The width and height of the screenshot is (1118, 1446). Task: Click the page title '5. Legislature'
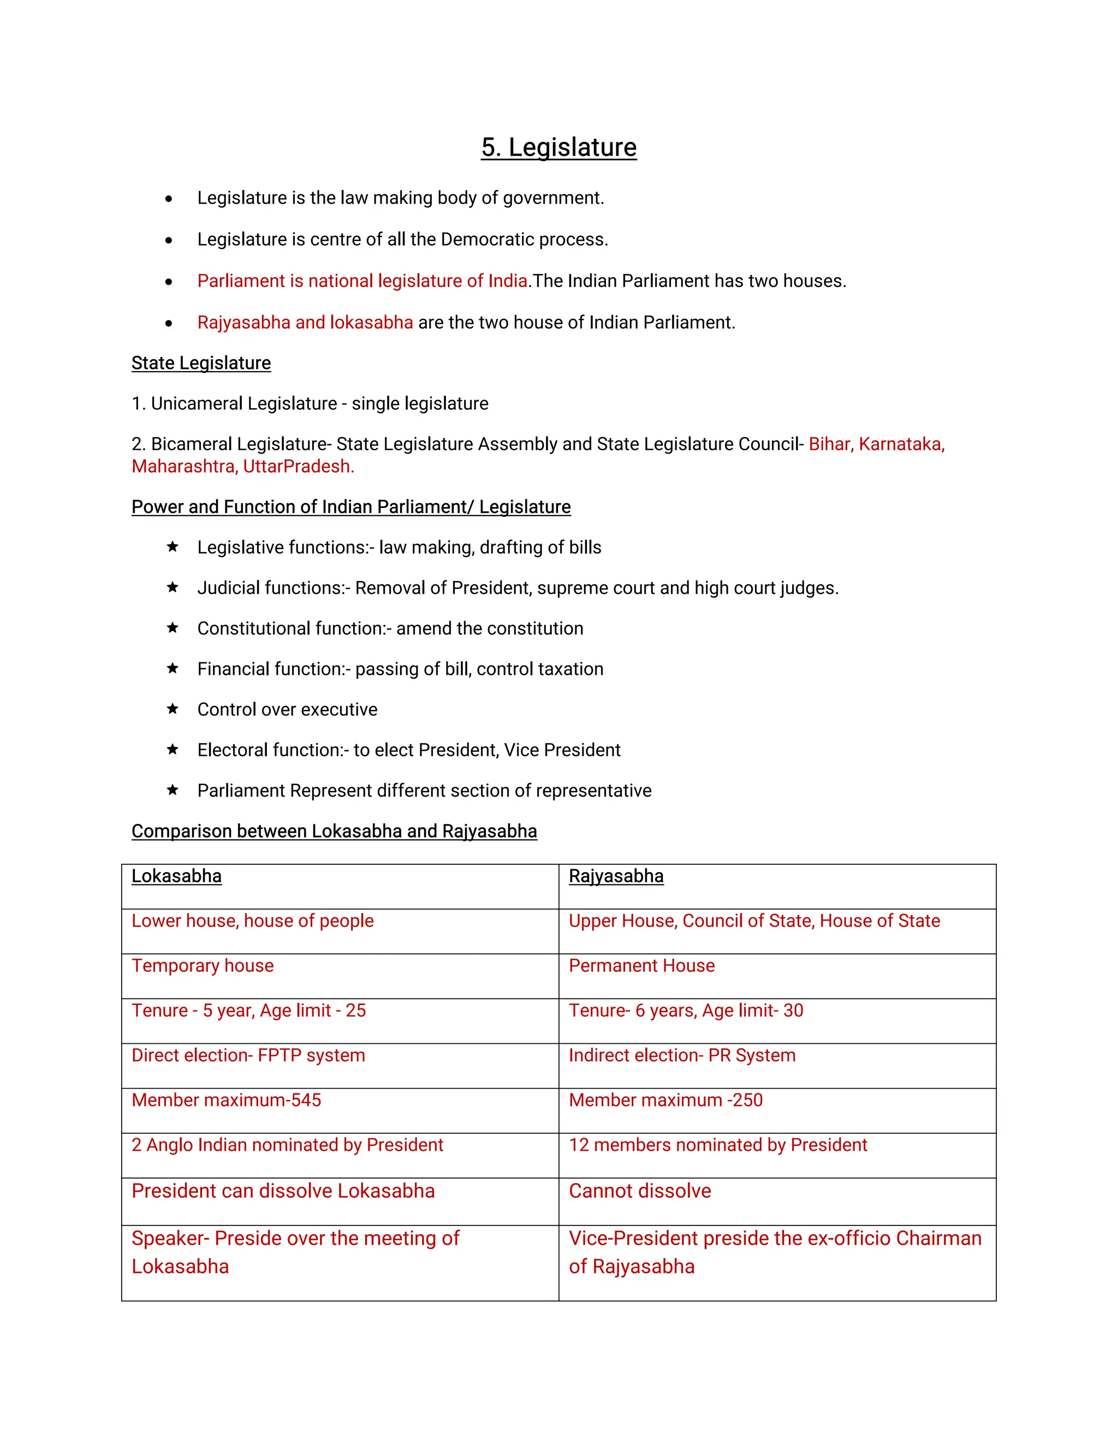click(x=558, y=147)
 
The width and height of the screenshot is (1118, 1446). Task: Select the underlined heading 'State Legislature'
click(x=201, y=363)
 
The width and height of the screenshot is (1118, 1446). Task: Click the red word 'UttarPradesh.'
click(x=298, y=466)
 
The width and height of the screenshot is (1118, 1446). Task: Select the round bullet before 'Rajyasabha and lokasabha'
click(x=169, y=323)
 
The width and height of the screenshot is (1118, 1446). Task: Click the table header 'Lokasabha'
click(x=176, y=876)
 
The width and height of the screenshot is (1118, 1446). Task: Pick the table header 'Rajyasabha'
click(x=616, y=876)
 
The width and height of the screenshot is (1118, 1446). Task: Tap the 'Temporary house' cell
click(x=203, y=965)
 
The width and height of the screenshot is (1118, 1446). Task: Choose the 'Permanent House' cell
click(x=642, y=965)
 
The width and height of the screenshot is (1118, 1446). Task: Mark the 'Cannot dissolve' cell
click(x=640, y=1191)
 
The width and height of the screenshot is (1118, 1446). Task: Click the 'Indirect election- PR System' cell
click(x=682, y=1055)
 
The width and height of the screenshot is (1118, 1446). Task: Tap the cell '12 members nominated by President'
click(x=718, y=1145)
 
